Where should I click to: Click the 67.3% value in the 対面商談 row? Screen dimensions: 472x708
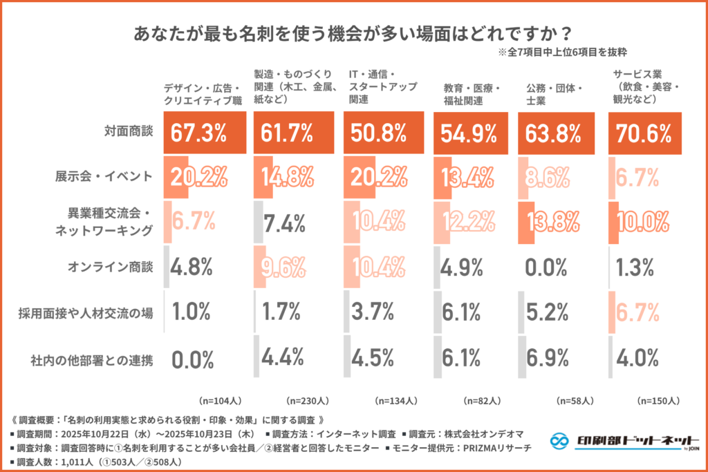tap(195, 133)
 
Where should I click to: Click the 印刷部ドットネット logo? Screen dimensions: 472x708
tap(619, 441)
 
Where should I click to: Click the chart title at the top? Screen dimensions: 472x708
tap(353, 32)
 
